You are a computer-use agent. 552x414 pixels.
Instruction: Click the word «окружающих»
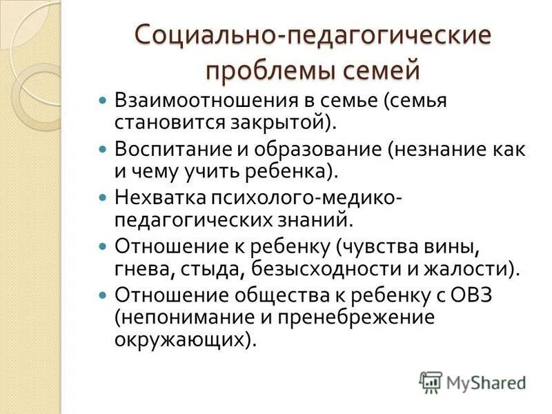coord(178,338)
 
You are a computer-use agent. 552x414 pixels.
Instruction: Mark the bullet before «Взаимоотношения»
coord(103,101)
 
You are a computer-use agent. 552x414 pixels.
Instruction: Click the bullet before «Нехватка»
coord(103,198)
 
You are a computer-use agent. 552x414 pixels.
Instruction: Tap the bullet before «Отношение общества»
coord(103,295)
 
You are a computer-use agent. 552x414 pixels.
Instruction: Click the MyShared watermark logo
coord(472,382)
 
